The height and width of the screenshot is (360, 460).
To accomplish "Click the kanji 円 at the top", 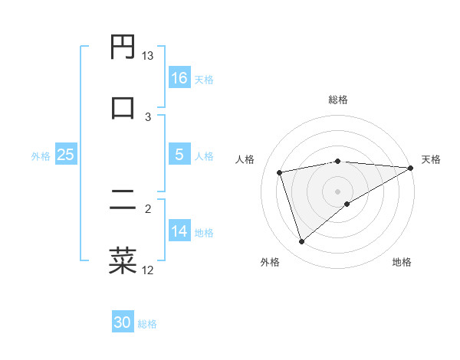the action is coord(123,47).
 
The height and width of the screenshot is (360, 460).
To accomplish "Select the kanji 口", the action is coord(123,107).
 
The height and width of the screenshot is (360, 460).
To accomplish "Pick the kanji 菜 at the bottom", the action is coord(123,260).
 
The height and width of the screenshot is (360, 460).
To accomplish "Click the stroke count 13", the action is coord(148,56).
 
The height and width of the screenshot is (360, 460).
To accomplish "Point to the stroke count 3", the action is coord(148,116).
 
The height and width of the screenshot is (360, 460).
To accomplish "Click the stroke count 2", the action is coord(148,208).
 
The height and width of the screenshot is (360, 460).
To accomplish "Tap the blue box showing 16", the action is coord(179,78).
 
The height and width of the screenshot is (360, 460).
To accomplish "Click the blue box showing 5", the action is coord(179,155).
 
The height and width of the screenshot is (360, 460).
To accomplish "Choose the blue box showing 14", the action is coord(179,231).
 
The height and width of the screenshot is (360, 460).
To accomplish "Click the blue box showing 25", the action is coord(66,155).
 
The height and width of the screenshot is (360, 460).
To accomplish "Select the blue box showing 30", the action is coord(123,323).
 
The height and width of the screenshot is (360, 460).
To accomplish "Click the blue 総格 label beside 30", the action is coord(148,324).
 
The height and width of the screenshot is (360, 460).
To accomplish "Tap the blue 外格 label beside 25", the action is coord(41,155).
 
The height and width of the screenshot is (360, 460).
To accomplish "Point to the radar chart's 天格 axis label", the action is coord(431,159).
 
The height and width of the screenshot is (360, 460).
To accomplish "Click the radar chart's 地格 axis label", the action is coord(402,262).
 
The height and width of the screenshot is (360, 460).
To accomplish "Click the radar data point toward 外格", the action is coord(301,242).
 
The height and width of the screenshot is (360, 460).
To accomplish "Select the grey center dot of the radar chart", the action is coord(338,191).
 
